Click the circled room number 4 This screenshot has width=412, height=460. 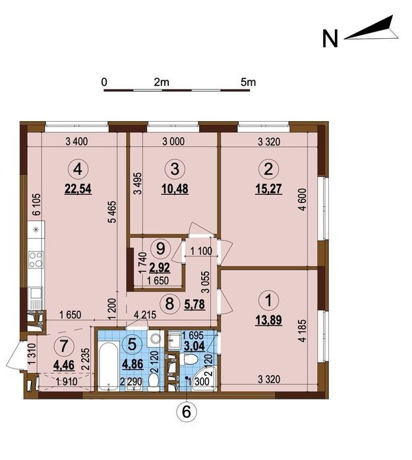click(x=78, y=169)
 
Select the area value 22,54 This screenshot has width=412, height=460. click(x=78, y=189)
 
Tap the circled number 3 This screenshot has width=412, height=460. click(x=175, y=169)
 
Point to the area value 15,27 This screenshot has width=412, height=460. click(x=268, y=189)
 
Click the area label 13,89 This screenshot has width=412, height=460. click(x=268, y=320)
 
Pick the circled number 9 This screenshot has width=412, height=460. click(x=160, y=249)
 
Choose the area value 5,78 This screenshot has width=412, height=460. click(x=194, y=304)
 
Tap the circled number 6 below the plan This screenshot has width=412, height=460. click(x=187, y=412)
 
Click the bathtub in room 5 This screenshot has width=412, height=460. click(x=108, y=366)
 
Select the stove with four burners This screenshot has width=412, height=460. click(x=36, y=260)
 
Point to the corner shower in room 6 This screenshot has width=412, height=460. click(x=204, y=379)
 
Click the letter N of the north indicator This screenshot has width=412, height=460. click(x=330, y=39)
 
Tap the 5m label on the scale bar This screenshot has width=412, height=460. click(x=249, y=82)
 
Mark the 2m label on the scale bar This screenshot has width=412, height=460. click(x=162, y=82)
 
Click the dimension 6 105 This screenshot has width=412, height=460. click(x=38, y=205)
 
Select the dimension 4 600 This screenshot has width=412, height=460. click(x=303, y=199)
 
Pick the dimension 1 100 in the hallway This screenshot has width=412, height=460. click(x=201, y=251)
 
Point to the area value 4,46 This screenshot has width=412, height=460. click(x=64, y=365)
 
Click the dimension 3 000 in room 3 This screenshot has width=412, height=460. click(x=173, y=141)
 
